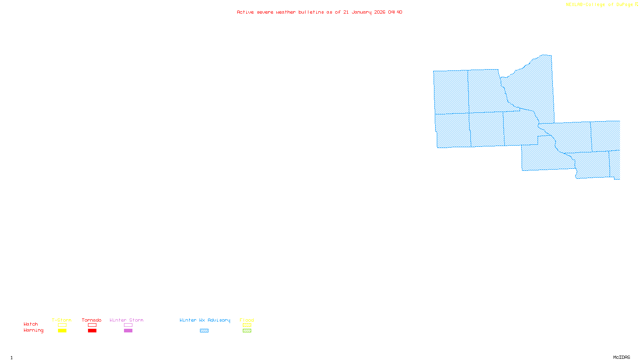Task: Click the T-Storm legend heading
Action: point(62,320)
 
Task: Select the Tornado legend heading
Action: point(92,320)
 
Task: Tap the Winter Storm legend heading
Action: point(126,320)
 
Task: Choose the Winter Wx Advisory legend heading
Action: point(205,320)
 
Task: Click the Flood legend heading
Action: point(247,320)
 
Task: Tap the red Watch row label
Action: point(31,324)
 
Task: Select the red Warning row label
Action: point(34,330)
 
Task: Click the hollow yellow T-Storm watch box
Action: point(62,325)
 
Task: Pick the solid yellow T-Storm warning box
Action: point(62,331)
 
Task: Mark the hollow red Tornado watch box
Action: point(92,325)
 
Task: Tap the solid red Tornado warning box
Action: point(92,331)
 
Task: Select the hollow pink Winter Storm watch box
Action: point(128,325)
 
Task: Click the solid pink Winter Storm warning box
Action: point(128,331)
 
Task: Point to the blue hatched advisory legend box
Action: point(204,331)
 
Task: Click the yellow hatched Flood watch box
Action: point(247,325)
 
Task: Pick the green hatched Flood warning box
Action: point(247,331)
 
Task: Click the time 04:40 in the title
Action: point(395,12)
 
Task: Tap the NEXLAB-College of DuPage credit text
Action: point(600,5)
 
